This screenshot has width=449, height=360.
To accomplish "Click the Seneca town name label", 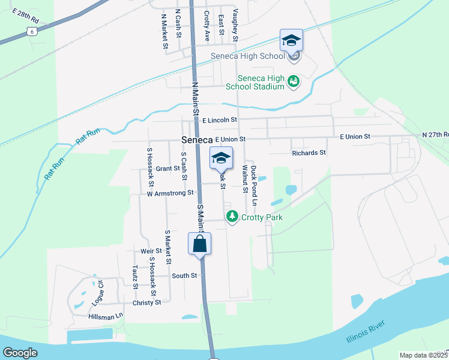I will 196,140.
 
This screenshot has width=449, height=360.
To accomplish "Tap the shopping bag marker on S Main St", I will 200,244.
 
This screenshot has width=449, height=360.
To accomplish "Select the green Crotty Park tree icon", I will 232,216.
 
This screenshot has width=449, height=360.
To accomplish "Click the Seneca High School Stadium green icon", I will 294,80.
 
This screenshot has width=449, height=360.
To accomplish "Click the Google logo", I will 20,353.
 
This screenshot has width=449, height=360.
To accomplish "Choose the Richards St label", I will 309,153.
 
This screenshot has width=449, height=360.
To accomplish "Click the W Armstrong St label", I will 170,193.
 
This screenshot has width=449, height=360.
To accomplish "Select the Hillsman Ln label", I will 105,316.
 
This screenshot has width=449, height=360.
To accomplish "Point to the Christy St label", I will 146,302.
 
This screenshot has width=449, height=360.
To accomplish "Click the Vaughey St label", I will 235,25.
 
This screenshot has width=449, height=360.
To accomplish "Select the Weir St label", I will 151,251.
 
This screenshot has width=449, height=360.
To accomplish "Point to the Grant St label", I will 167,169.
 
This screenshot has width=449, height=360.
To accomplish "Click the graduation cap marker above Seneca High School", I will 291,41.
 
